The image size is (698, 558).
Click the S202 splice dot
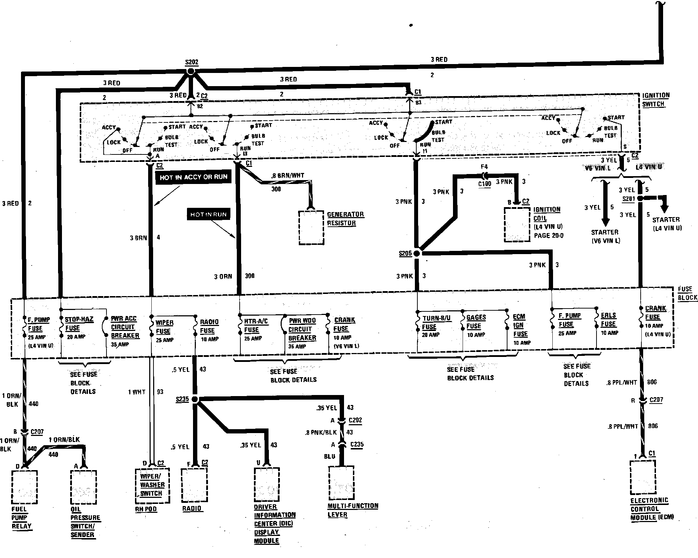pyautogui.click(x=191, y=72)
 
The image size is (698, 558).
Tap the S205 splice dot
pyautogui.click(x=417, y=253)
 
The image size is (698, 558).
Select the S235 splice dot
pyautogui.click(x=195, y=399)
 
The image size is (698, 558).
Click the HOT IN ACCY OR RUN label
pyautogui.click(x=193, y=177)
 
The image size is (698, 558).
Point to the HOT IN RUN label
pyautogui.click(x=208, y=214)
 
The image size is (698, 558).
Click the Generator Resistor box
pyautogui.click(x=311, y=228)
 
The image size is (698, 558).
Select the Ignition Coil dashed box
pyautogui.click(x=517, y=225)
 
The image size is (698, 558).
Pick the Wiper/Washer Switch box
pyautogui.click(x=152, y=485)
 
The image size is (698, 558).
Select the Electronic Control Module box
pyautogui.click(x=643, y=478)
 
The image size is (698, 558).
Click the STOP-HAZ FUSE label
pyautogui.click(x=79, y=323)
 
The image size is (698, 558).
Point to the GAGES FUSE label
pyautogui.click(x=476, y=321)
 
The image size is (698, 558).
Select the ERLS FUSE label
pyautogui.click(x=608, y=320)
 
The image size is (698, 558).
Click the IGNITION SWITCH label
pyautogui.click(x=656, y=100)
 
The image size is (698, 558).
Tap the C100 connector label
pyautogui.click(x=485, y=184)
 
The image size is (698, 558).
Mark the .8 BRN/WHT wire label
pyautogui.click(x=287, y=175)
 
